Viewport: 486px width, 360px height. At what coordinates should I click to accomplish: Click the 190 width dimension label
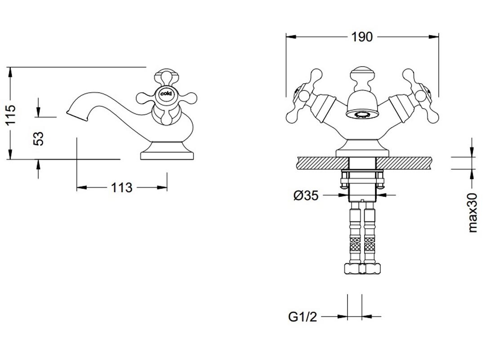[x=362, y=37]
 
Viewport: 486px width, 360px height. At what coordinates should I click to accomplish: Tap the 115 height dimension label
[x=11, y=115]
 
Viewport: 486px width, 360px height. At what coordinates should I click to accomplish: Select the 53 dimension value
[x=38, y=139]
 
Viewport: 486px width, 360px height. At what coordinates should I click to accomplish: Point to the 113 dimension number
[x=121, y=188]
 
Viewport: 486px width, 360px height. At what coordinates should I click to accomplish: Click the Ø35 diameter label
[x=306, y=195]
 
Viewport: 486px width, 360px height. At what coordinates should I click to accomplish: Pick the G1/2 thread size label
[x=303, y=317]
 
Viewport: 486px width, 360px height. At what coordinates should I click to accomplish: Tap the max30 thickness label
[x=472, y=212]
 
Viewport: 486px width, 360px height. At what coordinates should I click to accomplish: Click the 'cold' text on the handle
[x=166, y=94]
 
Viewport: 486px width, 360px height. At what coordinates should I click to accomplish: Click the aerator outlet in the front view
[x=362, y=114]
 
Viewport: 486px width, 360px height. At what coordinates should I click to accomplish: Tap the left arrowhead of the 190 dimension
[x=291, y=37]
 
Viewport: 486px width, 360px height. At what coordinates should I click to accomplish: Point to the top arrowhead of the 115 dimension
[x=11, y=72]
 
